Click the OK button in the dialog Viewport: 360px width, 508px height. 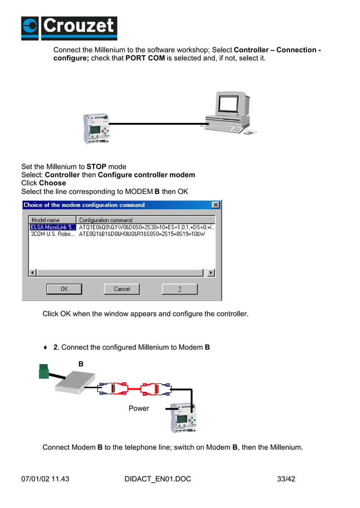tap(64, 289)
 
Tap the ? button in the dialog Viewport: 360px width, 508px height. tap(179, 289)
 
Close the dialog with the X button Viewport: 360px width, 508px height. tap(215, 205)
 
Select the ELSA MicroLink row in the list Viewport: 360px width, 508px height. tap(52, 227)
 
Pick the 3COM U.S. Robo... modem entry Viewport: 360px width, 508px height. tap(52, 234)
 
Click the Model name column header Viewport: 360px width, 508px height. tap(52, 220)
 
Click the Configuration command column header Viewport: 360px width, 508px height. tap(145, 220)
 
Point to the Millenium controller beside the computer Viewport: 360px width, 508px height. tap(96, 128)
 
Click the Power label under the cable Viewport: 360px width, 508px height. tap(139, 408)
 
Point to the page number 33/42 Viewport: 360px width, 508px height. tap(286, 479)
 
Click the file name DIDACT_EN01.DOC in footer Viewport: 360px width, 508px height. tap(157, 479)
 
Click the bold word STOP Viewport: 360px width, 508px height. tap(96, 166)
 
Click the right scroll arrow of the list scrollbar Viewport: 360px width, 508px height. tap(210, 272)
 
